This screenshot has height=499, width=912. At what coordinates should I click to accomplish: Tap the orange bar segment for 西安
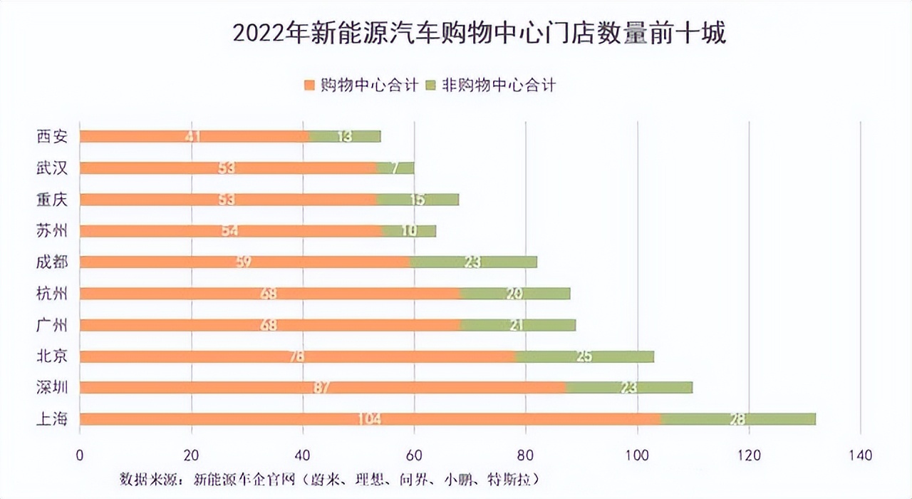point(142,136)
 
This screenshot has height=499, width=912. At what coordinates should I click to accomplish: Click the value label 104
point(369,418)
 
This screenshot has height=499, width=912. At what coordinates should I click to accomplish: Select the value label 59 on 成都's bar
point(244,262)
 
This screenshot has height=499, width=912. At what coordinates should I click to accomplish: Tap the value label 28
point(737,418)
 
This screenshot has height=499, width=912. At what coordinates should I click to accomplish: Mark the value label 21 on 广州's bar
point(518,324)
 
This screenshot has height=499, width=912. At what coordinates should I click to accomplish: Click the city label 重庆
point(52,200)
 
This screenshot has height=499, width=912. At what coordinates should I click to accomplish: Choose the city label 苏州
point(52,231)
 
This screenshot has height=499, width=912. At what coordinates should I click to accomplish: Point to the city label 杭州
point(52,294)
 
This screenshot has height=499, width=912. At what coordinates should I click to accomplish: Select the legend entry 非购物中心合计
point(499,86)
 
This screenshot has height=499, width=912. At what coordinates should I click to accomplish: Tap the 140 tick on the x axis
point(861,455)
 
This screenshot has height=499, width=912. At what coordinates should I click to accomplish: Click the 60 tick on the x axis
point(414,455)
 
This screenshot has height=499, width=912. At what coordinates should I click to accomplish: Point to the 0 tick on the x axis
point(80,455)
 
